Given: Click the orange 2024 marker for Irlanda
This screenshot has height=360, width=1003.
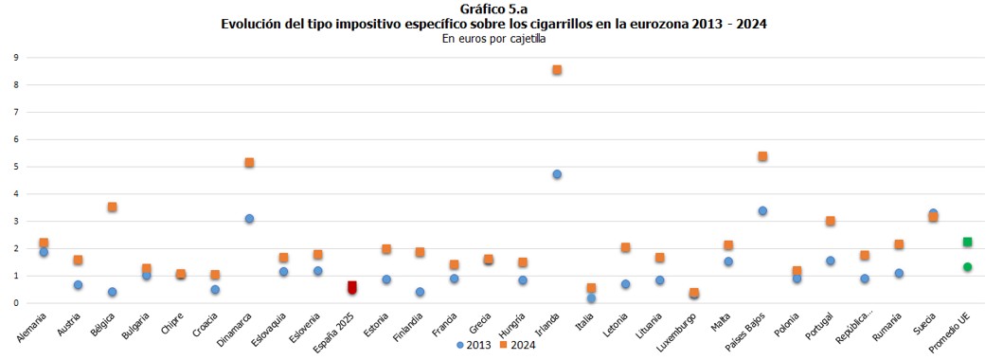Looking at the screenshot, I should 557,70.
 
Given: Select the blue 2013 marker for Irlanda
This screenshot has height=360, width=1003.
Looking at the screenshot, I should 557,174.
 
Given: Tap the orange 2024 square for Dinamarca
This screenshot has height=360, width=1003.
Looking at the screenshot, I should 249,163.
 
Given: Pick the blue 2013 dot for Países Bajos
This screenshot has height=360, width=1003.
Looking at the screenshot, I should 762,211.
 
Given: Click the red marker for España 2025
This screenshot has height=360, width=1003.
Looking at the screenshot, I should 352,287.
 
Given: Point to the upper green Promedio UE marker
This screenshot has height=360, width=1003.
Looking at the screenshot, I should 967,243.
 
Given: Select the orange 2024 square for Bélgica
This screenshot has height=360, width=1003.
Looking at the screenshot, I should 113,207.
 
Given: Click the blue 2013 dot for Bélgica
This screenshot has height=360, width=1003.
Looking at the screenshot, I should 113,293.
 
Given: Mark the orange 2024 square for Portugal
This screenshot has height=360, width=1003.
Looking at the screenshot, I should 831,221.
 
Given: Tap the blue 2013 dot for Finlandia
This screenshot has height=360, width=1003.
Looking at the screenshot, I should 421,293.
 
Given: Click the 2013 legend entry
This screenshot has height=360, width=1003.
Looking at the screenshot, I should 474,345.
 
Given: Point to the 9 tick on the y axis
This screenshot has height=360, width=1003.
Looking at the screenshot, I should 16,58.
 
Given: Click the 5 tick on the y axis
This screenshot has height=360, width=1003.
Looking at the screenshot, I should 16,167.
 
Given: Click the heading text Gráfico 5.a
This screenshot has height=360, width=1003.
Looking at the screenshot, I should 501,9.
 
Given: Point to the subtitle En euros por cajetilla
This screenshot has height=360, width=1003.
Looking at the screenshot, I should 501,39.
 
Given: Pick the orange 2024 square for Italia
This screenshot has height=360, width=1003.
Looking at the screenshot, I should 591,288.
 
